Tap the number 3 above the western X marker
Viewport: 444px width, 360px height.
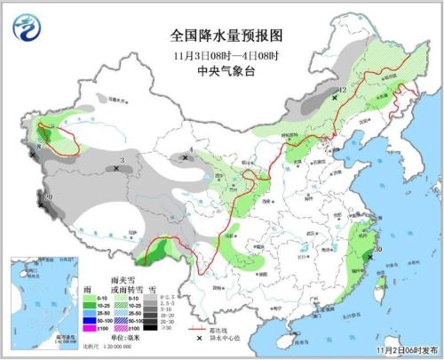coord(122,160)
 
